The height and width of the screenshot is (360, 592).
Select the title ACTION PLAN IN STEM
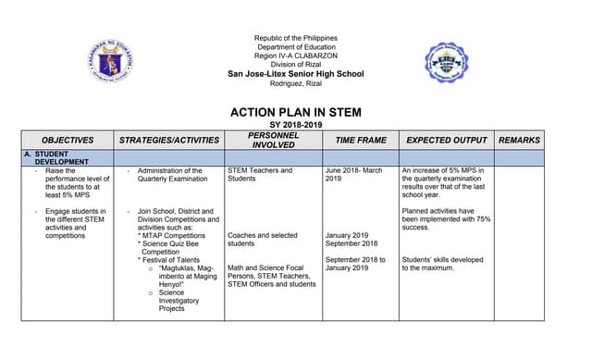click(x=295, y=113)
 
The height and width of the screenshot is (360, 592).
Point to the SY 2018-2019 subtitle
click(x=295, y=125)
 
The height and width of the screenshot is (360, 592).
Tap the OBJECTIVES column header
click(x=68, y=140)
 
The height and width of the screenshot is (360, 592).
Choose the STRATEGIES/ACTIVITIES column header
click(x=169, y=140)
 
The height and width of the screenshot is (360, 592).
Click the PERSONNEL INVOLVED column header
click(x=273, y=140)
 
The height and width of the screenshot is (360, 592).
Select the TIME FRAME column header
click(x=360, y=140)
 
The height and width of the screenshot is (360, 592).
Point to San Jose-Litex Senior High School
click(x=295, y=74)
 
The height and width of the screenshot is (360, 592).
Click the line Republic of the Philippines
click(x=295, y=38)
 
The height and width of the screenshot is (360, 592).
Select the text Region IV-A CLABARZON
click(x=295, y=56)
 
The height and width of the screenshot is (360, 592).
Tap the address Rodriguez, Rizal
click(x=295, y=84)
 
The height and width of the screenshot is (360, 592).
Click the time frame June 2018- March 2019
click(x=353, y=175)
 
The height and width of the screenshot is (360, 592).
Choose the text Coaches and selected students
click(x=263, y=240)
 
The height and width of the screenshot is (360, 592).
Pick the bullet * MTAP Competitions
click(x=171, y=235)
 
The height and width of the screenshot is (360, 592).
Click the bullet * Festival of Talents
click(x=172, y=260)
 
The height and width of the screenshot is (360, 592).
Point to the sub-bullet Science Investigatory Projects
click(x=179, y=301)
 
